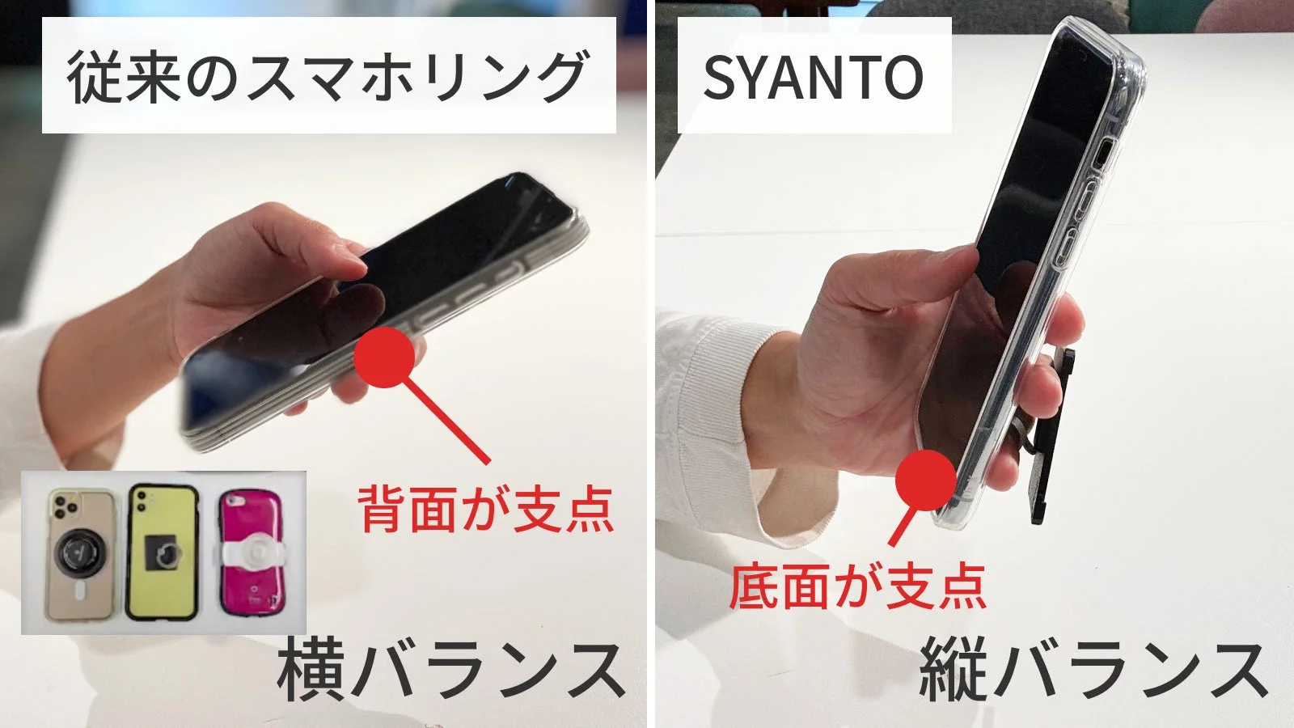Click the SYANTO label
click(x=813, y=77)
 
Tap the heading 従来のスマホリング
click(x=328, y=77)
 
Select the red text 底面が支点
click(x=857, y=586)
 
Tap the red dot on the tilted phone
click(x=387, y=357)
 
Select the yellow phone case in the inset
click(x=163, y=552)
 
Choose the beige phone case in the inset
click(x=80, y=553)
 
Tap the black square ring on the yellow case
click(x=163, y=555)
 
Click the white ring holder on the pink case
click(x=253, y=555)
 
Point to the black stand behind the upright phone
click(x=1051, y=437)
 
